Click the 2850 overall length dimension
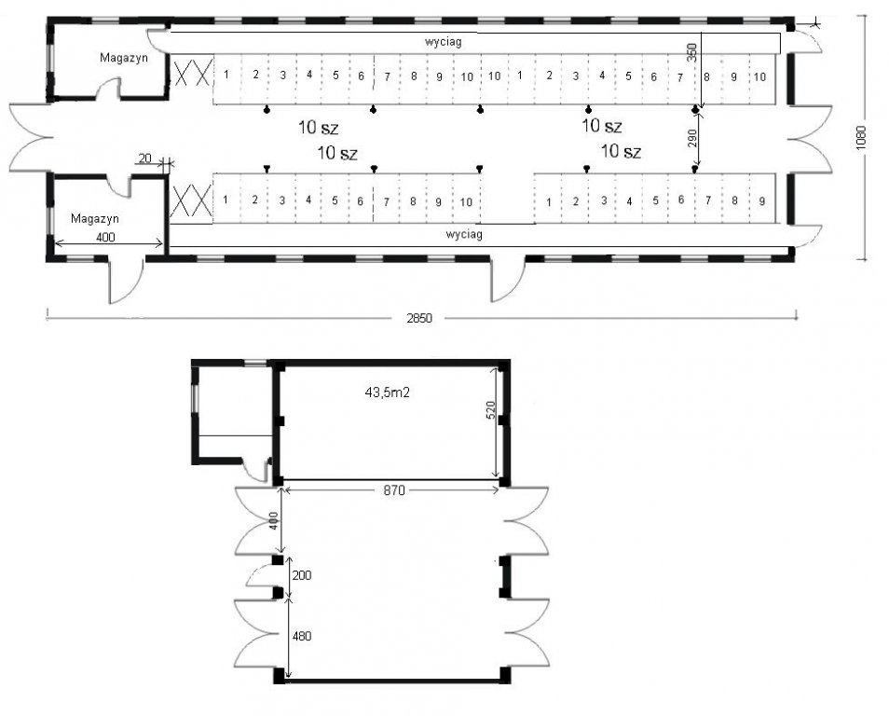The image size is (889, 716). point(419,318)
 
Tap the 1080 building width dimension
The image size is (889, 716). point(861,137)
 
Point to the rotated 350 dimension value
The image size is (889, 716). point(691,52)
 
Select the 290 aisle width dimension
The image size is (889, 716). point(692,138)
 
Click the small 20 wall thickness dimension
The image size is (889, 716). point(145,158)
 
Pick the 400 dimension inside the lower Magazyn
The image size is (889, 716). point(105,237)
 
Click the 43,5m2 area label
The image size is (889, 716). point(388,392)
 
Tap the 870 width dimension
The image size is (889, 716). point(394,490)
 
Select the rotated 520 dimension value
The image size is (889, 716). point(491,409)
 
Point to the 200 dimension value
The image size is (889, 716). point(302,575)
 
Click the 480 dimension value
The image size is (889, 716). point(302,636)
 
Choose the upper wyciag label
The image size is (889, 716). point(444,42)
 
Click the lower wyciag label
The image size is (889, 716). point(464,234)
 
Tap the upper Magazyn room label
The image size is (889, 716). point(124,57)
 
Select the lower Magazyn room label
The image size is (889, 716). point(95,218)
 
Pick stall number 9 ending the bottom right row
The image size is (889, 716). point(762,200)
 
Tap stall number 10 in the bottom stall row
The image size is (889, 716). point(466,202)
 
